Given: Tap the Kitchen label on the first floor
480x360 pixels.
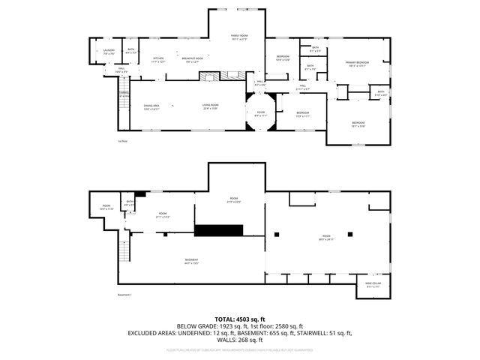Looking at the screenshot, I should click(158, 60).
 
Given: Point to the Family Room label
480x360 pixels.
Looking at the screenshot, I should click(238, 36).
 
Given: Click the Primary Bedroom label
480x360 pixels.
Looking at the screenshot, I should click(356, 63).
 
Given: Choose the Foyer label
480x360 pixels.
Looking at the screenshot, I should click(259, 114).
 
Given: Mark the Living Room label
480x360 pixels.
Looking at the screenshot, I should click(210, 106).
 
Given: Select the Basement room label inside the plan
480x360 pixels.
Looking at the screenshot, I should click(191, 261).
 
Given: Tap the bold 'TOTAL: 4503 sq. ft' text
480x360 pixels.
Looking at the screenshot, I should click(239, 319).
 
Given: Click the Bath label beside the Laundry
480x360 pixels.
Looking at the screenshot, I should click(130, 51).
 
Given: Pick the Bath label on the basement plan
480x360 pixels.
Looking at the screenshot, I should click(130, 203).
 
